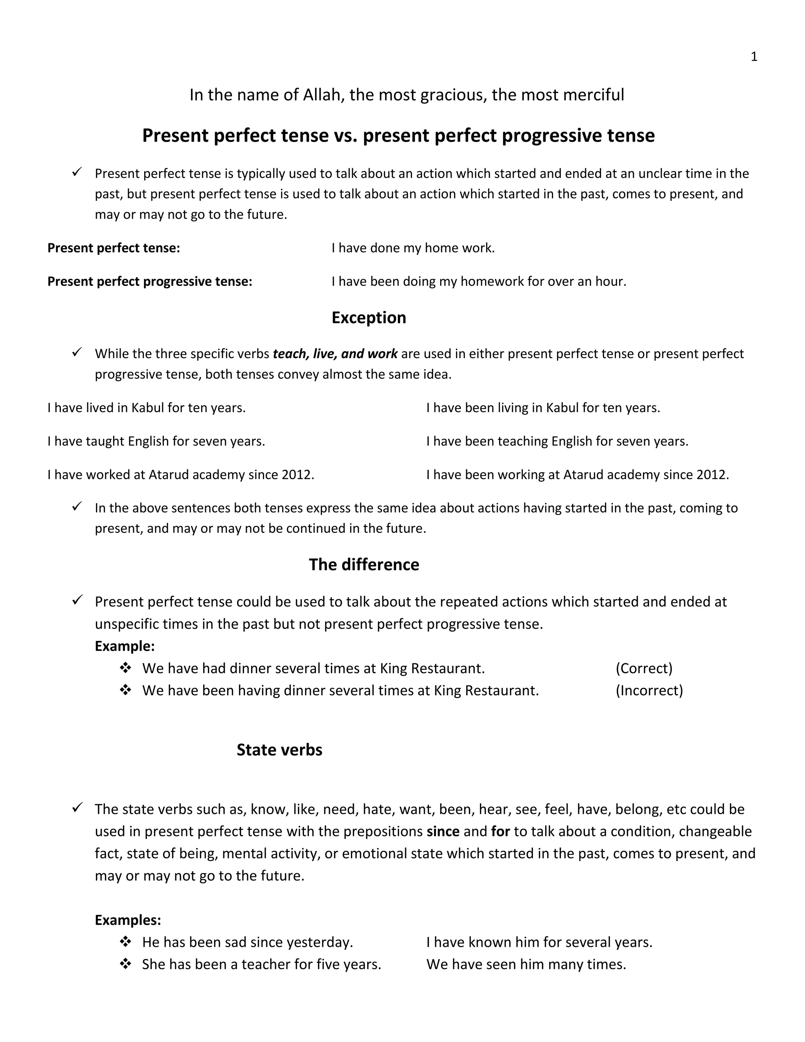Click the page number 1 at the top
click(x=754, y=57)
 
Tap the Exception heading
click(x=369, y=318)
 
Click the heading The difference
click(x=364, y=564)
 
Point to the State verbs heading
click(x=279, y=749)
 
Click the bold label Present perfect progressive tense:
click(x=150, y=282)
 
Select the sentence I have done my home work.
click(x=413, y=248)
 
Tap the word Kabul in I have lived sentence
click(x=147, y=408)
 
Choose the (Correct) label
click(x=644, y=668)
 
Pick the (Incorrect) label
click(x=649, y=690)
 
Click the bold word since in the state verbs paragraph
click(x=443, y=831)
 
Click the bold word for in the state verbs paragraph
click(x=500, y=831)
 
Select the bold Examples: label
click(x=128, y=920)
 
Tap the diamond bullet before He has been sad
click(x=125, y=942)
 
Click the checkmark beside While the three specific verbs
click(x=77, y=353)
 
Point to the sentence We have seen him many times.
click(x=526, y=964)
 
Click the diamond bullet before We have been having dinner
click(x=125, y=690)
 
